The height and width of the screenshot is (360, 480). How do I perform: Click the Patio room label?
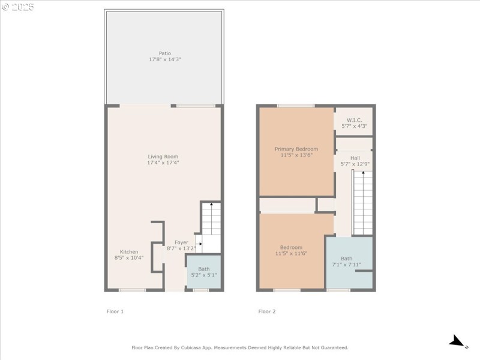pos(164,53)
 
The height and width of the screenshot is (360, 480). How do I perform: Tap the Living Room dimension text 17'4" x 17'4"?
pos(163,163)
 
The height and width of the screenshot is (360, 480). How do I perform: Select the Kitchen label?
pos(129,251)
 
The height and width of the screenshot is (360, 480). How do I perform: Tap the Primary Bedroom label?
pos(296,149)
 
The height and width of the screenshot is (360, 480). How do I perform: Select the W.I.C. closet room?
pos(353,123)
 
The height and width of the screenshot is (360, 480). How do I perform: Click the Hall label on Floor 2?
pos(355,158)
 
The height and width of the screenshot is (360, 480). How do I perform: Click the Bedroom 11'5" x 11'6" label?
pos(291,247)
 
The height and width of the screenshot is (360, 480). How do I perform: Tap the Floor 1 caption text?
pos(115,311)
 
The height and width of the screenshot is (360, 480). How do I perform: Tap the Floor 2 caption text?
pos(267,311)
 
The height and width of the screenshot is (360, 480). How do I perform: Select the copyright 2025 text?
pos(18,7)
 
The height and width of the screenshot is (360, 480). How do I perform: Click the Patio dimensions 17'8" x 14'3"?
pos(164,59)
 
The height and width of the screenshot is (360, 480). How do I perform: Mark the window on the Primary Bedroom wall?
pos(296,106)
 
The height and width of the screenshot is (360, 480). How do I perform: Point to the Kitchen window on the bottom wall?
pos(132,290)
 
